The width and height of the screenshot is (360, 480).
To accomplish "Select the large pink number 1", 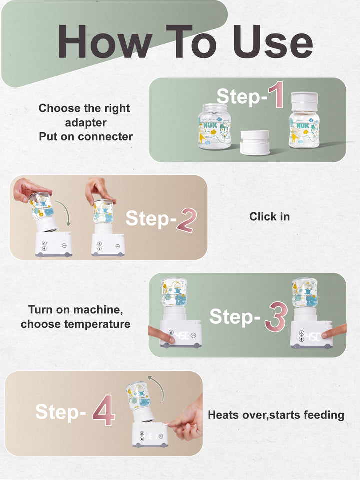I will [275, 96].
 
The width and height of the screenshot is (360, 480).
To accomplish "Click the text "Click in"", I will [269, 217].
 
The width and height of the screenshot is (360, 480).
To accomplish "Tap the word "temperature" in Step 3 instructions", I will [100, 324].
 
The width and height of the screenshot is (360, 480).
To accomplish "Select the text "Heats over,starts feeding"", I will [276, 415].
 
